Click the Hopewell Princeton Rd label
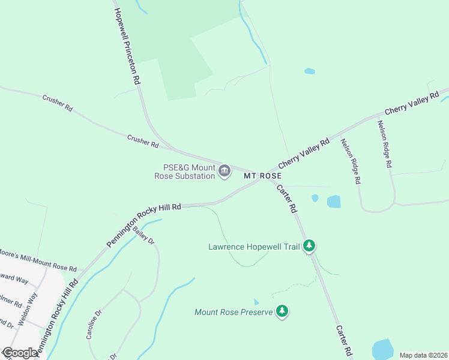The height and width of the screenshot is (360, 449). click(128, 46)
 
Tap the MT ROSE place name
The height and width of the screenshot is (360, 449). click(263, 176)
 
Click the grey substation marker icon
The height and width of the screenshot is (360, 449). click(224, 172)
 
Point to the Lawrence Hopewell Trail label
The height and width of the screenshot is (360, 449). click(255, 246)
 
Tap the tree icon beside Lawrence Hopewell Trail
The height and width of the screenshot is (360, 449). click(309, 245)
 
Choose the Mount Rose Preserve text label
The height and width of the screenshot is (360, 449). click(234, 312)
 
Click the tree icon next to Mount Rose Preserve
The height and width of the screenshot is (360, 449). click(282, 311)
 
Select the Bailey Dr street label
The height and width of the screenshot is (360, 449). click(144, 234)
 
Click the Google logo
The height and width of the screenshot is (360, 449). click(20, 353)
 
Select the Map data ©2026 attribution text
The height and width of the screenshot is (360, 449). click(423, 355)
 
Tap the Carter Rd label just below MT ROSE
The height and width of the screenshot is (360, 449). click(287, 199)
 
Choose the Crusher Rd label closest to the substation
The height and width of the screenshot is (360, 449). click(143, 142)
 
